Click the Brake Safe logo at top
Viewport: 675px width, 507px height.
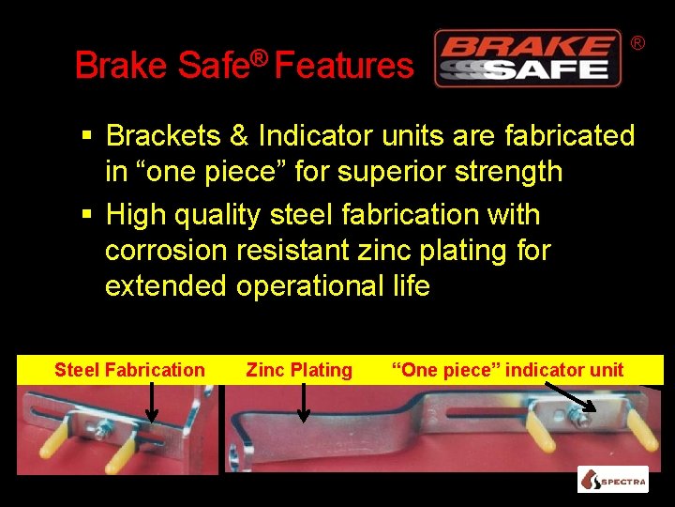(x=527, y=58)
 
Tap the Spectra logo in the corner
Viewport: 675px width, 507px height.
(x=612, y=480)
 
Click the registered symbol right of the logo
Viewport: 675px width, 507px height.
(x=637, y=43)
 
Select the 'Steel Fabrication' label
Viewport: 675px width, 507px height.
(x=129, y=370)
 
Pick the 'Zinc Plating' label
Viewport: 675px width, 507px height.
(x=299, y=370)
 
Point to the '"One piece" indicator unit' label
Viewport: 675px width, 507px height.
(x=507, y=370)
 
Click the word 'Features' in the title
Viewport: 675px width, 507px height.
(x=344, y=66)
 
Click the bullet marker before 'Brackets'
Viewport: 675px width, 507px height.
(x=85, y=137)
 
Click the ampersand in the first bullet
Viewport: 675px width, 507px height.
(x=238, y=136)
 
